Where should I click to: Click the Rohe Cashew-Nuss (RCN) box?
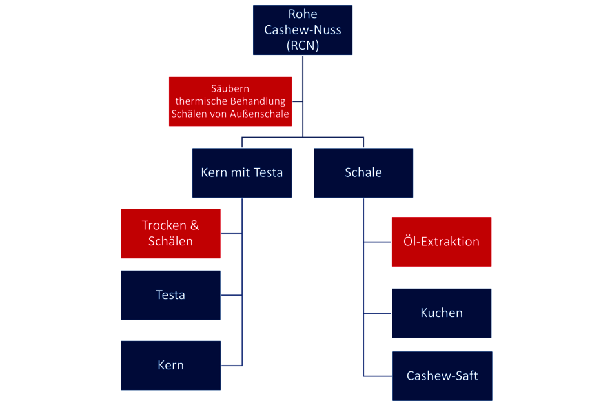(x=303, y=30)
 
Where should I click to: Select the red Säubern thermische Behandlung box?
(x=230, y=101)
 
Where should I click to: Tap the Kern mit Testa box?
(x=242, y=172)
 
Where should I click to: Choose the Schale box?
(x=363, y=172)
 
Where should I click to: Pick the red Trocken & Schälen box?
(x=170, y=233)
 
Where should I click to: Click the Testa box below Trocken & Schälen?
(x=170, y=295)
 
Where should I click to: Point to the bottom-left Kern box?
(x=170, y=365)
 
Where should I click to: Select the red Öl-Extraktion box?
(x=442, y=242)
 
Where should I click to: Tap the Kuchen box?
(x=442, y=313)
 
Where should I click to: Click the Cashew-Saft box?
(x=442, y=376)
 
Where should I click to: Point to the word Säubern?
(x=230, y=88)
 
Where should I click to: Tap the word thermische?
(x=201, y=101)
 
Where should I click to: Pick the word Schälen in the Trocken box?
(x=170, y=241)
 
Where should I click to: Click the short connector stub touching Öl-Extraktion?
(x=378, y=242)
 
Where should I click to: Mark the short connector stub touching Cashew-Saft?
(x=378, y=376)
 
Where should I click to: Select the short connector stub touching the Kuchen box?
(x=378, y=313)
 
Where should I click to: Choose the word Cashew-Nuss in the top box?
(x=303, y=30)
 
